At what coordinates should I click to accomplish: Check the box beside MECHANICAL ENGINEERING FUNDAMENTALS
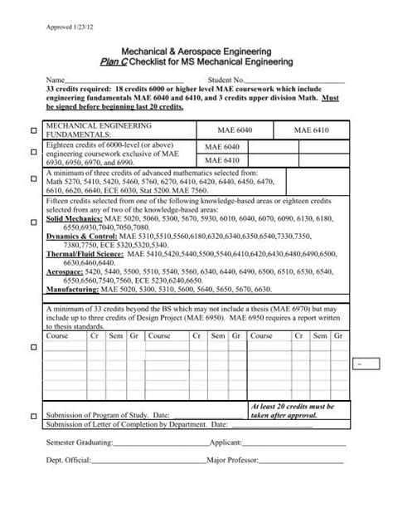point(33,130)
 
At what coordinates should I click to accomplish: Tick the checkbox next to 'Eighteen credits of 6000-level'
point(33,154)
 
